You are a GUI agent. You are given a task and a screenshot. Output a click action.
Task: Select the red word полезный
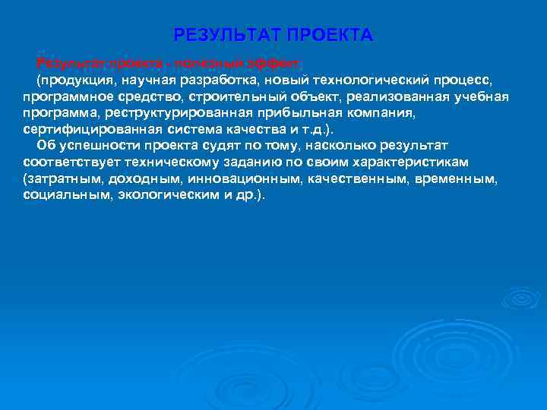click(175, 62)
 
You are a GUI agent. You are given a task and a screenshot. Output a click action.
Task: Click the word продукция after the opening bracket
click(76, 80)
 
